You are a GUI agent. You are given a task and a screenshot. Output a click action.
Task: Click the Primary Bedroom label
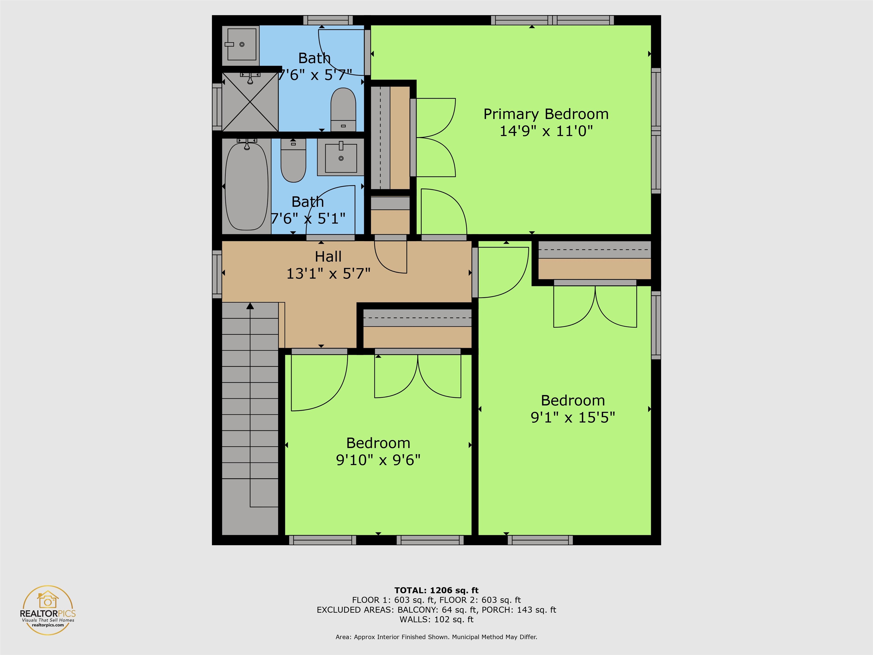point(546,114)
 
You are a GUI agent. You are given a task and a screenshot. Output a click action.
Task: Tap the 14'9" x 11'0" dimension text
point(546,131)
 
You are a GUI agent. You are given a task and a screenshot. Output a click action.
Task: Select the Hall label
point(328,257)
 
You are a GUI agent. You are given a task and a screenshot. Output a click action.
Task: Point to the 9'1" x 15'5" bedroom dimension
point(573,417)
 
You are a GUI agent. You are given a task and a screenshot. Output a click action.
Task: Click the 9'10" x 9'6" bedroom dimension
point(378,460)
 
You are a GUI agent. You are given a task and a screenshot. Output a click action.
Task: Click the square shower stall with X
point(250,102)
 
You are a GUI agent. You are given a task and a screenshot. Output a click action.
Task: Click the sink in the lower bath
point(341,157)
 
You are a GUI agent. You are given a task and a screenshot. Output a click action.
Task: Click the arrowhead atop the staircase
point(250,306)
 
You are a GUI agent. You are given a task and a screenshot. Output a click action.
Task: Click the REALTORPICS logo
point(48,610)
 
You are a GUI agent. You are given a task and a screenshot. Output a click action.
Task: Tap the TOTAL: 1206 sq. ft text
point(436,590)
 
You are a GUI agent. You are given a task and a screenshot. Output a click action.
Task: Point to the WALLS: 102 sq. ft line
point(436,619)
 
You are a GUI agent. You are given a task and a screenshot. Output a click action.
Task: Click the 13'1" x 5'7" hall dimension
point(328,273)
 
